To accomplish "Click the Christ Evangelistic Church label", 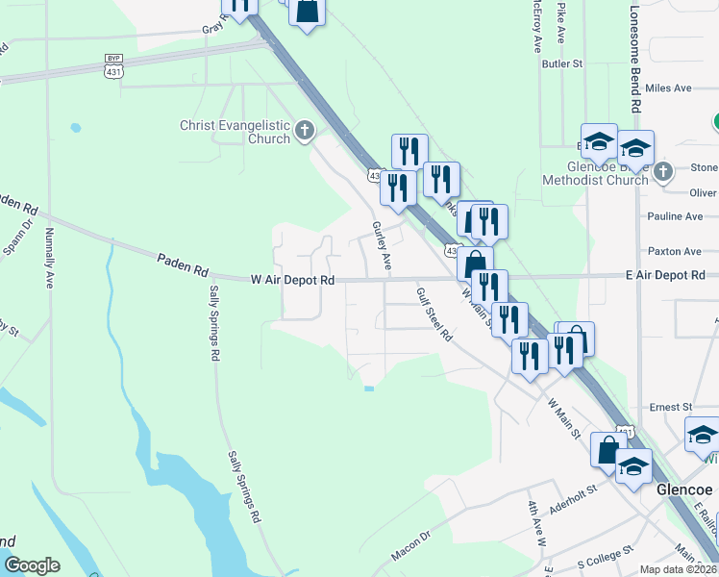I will click(236, 132).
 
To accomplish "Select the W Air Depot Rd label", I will click(291, 280).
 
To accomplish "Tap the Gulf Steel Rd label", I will click(434, 314).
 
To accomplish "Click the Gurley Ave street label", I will click(382, 244).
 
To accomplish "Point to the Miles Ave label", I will click(669, 88).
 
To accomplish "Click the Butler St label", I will click(562, 63).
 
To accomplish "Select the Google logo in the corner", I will click(32, 565).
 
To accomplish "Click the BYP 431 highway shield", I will click(113, 69).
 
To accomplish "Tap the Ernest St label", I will click(671, 407).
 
